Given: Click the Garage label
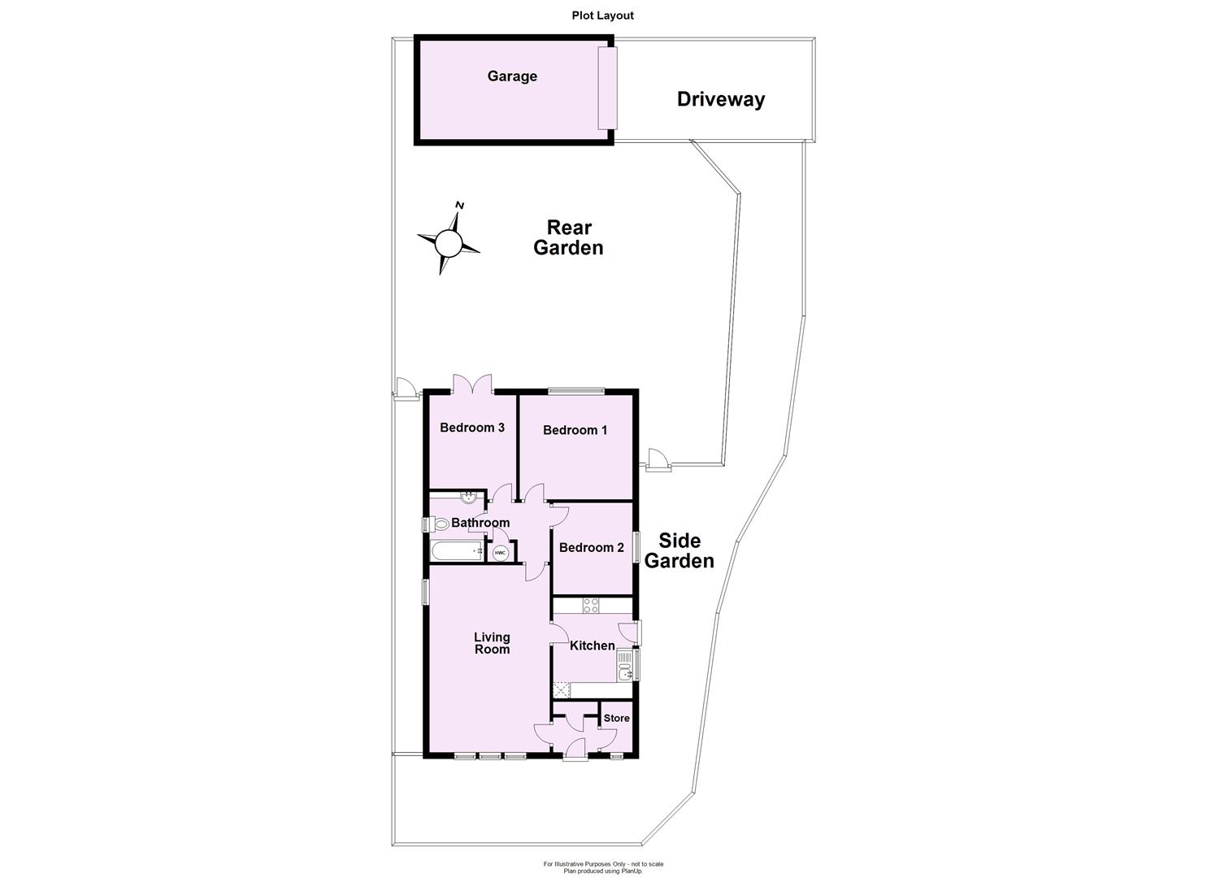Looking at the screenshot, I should pos(512,76).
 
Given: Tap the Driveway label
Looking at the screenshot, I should pos(721,99).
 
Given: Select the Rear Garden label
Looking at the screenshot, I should pos(568,237).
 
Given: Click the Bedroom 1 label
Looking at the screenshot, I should pos(575,430).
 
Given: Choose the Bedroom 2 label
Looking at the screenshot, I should pos(591,547).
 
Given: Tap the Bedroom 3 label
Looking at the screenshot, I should pos(472,428).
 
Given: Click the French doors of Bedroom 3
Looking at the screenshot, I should pos(472,385).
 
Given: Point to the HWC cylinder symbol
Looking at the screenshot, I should pos(500,553).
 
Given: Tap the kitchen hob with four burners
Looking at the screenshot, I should pos(592,606).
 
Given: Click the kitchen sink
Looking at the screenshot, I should pos(624,672).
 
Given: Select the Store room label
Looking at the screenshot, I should pos(616,718).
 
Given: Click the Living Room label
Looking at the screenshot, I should pos(492,643).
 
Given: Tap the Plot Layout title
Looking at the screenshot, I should pos(602,15).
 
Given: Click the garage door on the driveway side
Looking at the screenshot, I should pos(607,88).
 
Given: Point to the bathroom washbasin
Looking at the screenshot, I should pos(469,498).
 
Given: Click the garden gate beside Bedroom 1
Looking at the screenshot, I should pos(657,461).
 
